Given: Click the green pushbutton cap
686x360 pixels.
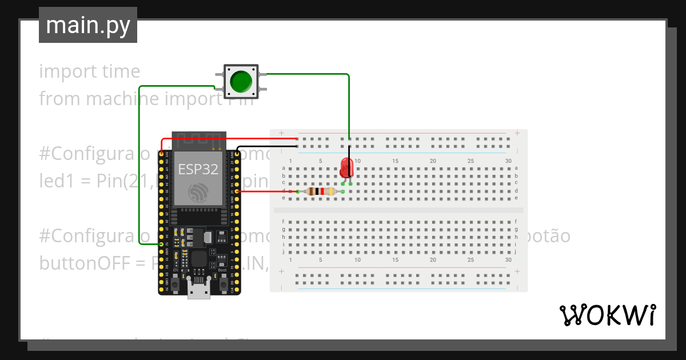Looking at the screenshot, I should (241, 81).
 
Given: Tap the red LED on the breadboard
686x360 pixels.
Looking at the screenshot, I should (346, 167).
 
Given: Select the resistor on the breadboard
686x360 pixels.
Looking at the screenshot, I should (320, 191).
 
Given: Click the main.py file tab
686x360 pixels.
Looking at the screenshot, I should (88, 25).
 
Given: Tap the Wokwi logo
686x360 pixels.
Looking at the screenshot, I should (607, 315).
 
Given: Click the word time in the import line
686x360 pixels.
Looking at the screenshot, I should (121, 71).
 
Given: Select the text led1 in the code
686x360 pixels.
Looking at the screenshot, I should (53, 181).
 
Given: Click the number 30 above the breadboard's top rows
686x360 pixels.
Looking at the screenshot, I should (508, 161).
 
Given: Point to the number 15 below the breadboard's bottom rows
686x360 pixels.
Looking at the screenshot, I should (395, 260).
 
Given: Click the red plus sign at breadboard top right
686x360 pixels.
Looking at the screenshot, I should (517, 134).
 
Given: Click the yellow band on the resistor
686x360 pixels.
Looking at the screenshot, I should (332, 191).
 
